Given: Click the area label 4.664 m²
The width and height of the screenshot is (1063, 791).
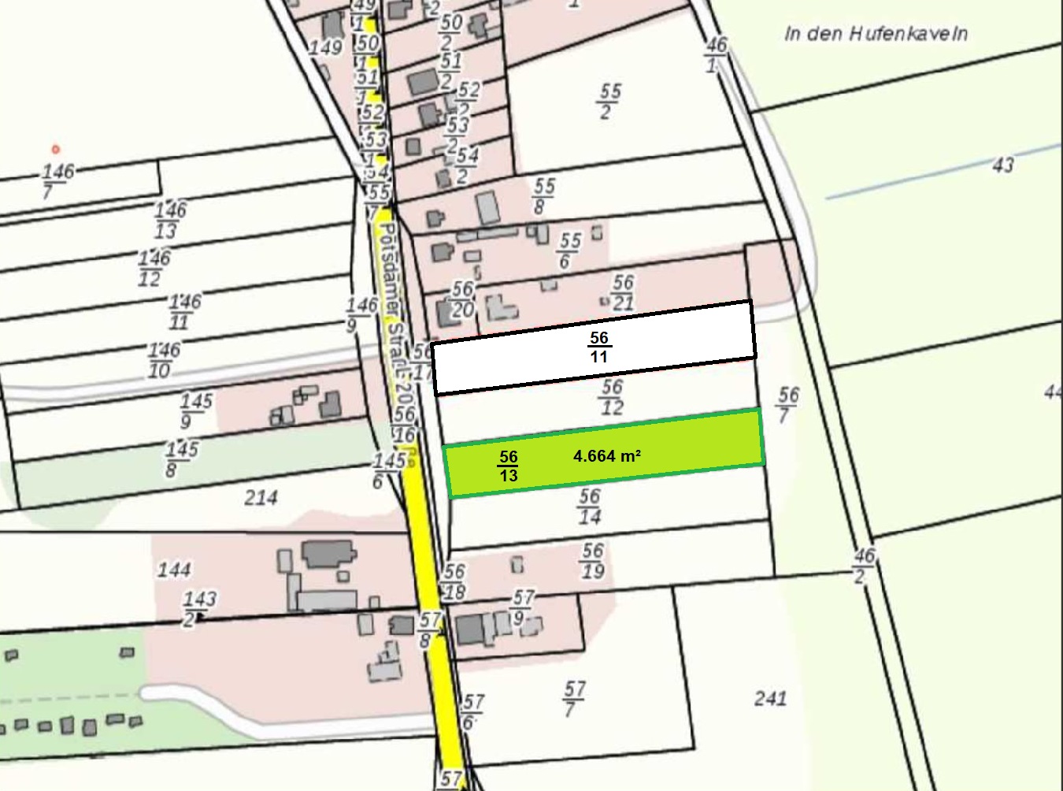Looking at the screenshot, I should (606, 455).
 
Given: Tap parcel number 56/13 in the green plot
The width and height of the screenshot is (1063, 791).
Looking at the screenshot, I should (508, 466).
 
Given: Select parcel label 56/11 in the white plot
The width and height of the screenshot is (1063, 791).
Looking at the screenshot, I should (599, 347).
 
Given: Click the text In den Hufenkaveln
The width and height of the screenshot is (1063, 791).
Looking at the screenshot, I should (876, 34).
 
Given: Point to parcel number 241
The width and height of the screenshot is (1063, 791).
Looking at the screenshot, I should (770, 698).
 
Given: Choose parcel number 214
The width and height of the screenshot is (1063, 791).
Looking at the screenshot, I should (261, 497).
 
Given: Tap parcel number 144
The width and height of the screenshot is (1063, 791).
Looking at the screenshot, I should (174, 570).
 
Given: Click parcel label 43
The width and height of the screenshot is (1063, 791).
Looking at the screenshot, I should (1002, 165).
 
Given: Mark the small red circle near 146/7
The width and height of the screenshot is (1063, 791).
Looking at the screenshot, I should (55, 149).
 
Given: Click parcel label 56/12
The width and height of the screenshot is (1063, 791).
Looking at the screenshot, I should (612, 397).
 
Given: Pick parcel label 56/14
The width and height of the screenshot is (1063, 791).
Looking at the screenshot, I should (589, 507).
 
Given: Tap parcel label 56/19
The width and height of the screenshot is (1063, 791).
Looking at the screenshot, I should (593, 560).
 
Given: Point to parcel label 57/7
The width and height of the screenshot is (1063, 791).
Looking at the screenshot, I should (574, 699).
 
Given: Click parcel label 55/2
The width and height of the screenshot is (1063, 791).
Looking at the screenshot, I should (609, 101).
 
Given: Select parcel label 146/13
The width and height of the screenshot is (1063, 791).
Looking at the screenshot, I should (169, 220).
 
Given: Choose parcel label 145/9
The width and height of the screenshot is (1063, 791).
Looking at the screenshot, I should (194, 410).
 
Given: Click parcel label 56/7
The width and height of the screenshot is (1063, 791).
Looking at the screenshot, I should (787, 405).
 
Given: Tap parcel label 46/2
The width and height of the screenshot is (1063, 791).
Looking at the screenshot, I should (863, 566).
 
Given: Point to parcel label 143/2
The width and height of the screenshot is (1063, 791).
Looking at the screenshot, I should (199, 609).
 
